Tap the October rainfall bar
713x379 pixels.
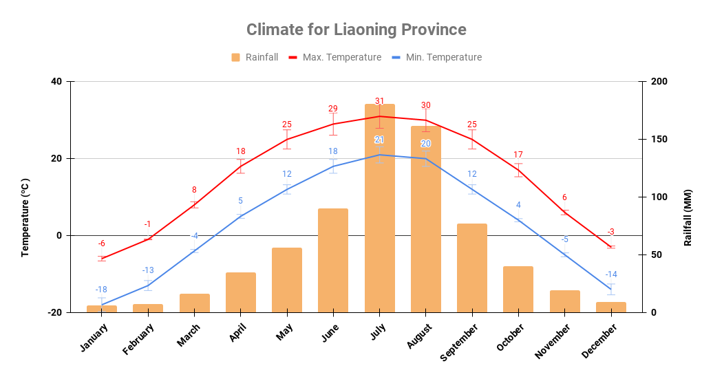tap(518, 289)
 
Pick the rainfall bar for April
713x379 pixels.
tap(241, 292)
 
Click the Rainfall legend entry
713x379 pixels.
tap(255, 57)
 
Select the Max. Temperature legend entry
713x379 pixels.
tap(334, 57)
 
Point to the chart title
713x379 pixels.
tap(356, 30)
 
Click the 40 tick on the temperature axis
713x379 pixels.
tap(56, 82)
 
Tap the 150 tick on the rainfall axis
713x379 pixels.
tap(659, 140)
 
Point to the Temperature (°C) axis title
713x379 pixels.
tap(25, 217)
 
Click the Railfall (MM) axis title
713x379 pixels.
tap(687, 217)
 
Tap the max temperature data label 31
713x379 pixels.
tap(379, 101)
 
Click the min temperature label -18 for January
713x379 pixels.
tap(101, 290)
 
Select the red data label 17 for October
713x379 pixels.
tap(518, 155)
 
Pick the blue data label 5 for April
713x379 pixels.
tap(241, 201)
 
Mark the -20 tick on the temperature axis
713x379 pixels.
tap(54, 312)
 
